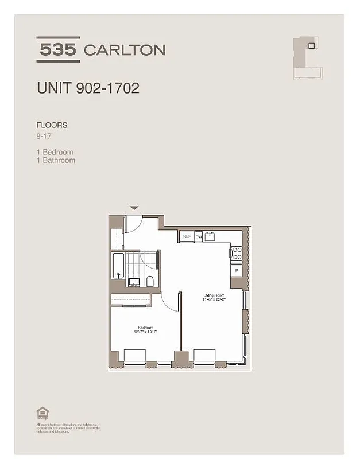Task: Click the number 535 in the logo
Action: (57, 49)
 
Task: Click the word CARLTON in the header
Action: (125, 50)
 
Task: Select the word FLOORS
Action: (52, 125)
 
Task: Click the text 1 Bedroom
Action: (55, 152)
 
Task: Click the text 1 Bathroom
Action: (56, 160)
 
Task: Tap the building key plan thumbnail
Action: (309, 56)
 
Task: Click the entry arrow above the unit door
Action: (134, 208)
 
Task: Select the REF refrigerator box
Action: (187, 236)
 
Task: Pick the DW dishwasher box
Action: (199, 236)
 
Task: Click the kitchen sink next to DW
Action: (211, 236)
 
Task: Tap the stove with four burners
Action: (235, 253)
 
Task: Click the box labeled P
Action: (236, 270)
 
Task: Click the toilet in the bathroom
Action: (150, 281)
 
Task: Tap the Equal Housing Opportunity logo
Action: (41, 412)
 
